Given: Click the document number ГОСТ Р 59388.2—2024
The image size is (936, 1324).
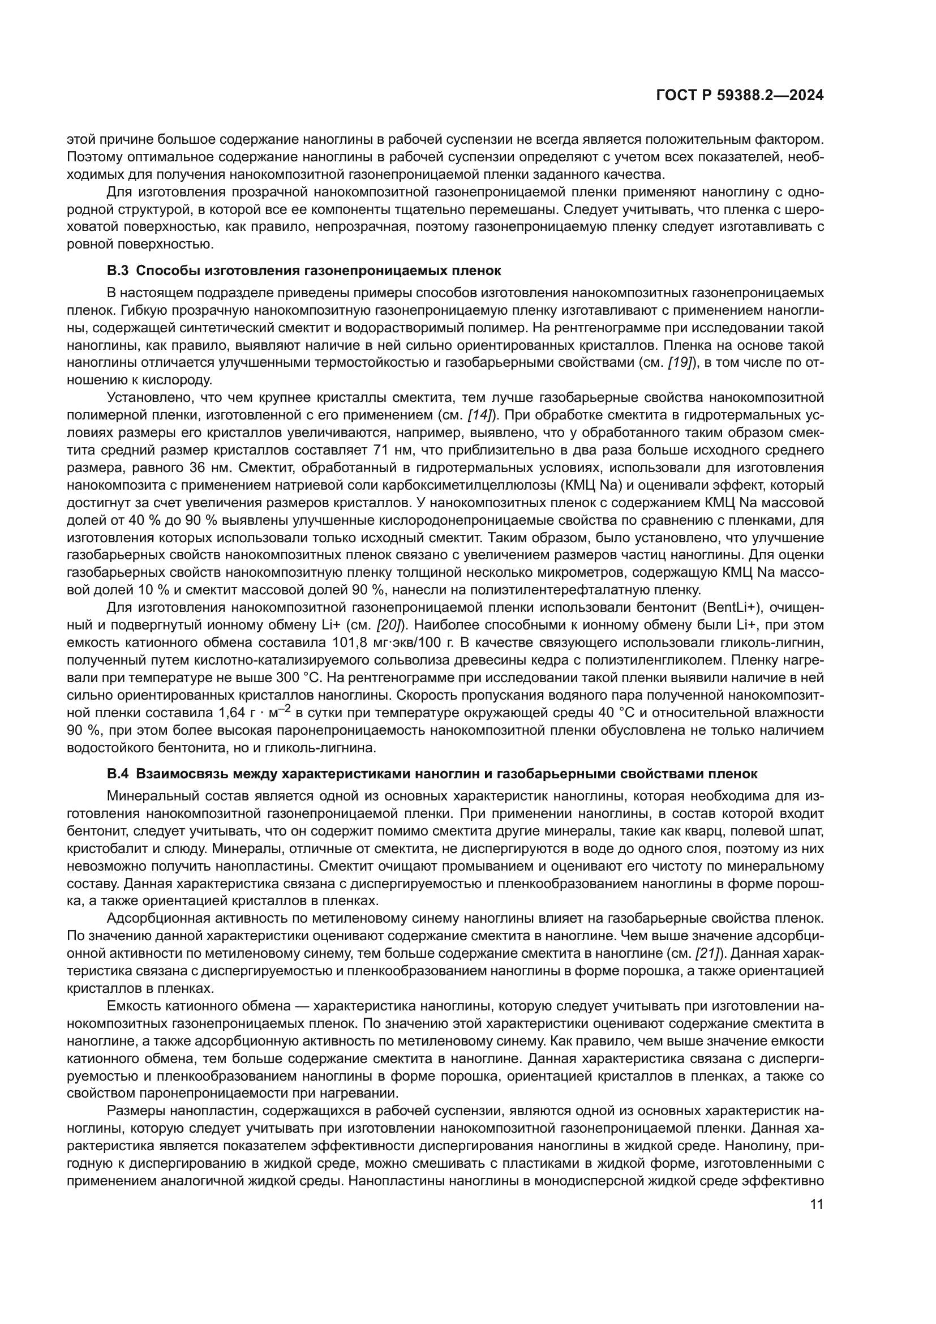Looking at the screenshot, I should tap(740, 96).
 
